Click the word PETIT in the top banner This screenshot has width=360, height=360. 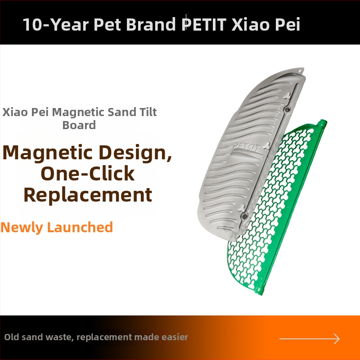coord(205,24)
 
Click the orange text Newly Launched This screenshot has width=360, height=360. coord(57,227)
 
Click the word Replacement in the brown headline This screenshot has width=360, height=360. coord(88,195)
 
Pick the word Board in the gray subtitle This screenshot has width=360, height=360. coord(79,125)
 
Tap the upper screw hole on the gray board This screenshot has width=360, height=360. coord(287,109)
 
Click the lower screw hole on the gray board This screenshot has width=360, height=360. coord(244,216)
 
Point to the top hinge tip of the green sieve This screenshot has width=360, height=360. coord(322,122)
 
